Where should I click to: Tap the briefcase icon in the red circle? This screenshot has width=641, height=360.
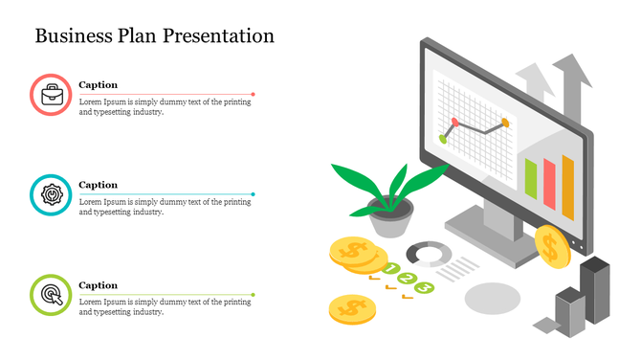(51, 95)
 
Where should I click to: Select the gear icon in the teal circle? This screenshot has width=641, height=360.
(51, 194)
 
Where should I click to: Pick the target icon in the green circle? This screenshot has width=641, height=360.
(51, 294)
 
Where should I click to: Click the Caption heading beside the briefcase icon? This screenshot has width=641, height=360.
(98, 85)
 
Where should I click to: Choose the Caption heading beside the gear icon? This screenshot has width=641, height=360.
(98, 185)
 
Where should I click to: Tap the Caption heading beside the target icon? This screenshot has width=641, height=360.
(98, 285)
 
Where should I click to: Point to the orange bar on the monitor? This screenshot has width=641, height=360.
(567, 187)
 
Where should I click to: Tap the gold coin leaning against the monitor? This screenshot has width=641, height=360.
(551, 246)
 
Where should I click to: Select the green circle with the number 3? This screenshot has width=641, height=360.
(424, 287)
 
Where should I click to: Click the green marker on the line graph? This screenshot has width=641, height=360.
(443, 139)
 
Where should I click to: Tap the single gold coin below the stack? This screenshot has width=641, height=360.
(351, 307)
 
